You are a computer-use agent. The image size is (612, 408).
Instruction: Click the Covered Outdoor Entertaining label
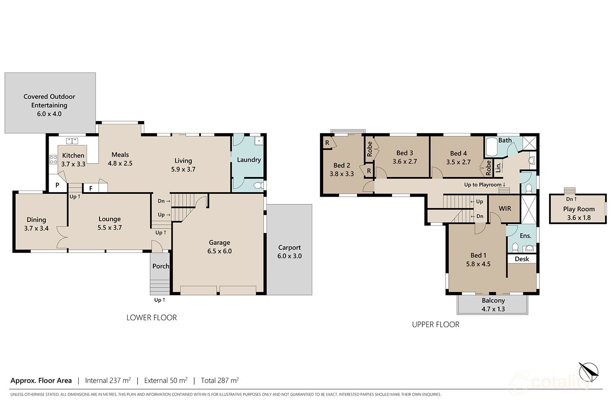pos(49,105)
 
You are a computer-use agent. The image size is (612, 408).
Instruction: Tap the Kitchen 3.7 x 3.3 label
pos(73,160)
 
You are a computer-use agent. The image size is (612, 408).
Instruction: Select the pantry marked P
pos(58,185)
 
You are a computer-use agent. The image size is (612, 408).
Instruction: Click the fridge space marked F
pos(91,188)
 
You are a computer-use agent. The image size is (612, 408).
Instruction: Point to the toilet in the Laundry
pos(258,186)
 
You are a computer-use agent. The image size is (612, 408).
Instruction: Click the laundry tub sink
pos(258,141)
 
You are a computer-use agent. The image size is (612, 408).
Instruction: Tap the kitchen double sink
pos(72,141)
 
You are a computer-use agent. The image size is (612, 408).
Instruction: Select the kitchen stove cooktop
pos(53,160)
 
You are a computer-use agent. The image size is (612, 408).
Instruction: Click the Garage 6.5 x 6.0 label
pos(220,247)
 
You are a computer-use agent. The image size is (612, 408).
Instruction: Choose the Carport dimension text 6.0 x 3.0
pos(289,256)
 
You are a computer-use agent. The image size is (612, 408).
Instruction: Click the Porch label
pos(160,266)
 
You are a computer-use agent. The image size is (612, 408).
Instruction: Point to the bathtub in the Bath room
pos(492,148)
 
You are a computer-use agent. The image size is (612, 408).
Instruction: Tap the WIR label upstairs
pos(505,208)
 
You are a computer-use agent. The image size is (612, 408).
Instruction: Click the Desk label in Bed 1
pos(522,259)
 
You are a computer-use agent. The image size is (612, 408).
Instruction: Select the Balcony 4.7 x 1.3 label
pos(493,305)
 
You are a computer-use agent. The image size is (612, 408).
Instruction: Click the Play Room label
pos(579,209)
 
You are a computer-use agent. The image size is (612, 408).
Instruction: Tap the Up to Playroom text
pos(484,185)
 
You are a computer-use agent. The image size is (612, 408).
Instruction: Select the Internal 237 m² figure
pos(108,381)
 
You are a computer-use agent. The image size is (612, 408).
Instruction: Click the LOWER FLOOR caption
pos(151,317)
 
